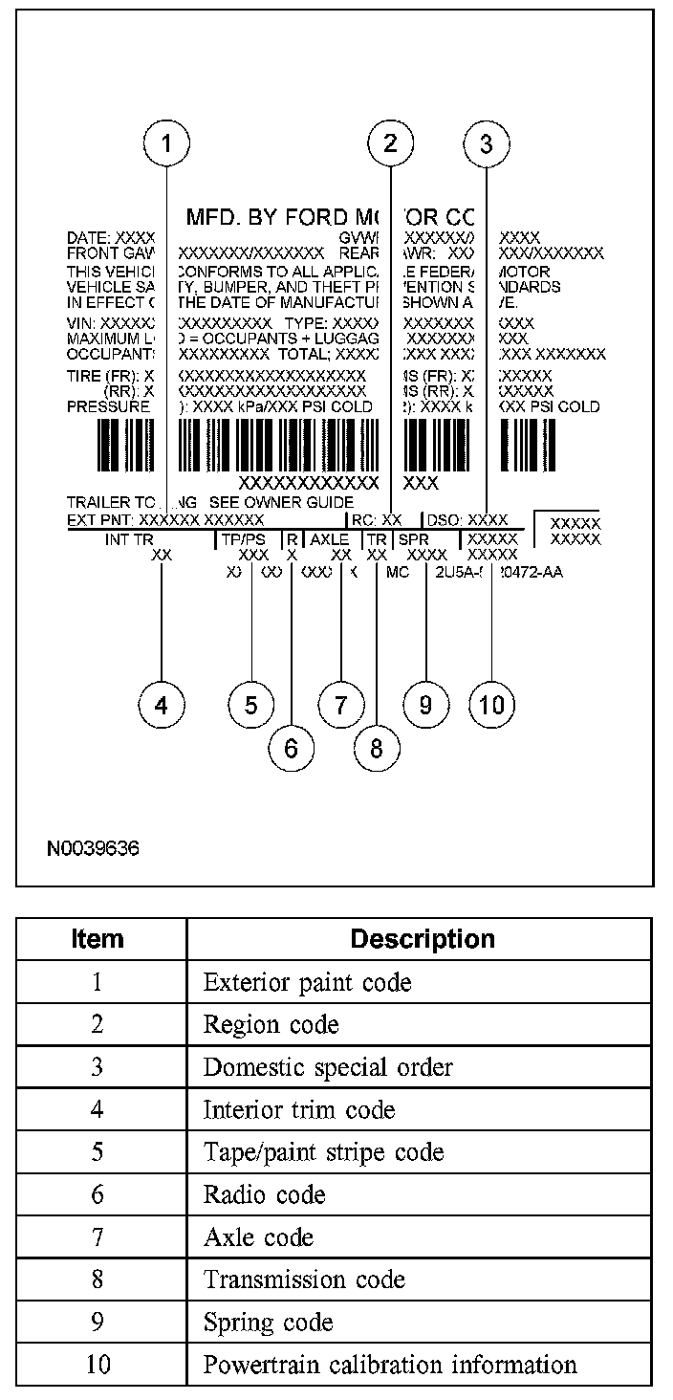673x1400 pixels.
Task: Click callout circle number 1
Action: pos(167,144)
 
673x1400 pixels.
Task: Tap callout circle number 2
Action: pos(390,144)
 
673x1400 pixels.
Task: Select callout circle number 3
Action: pos(487,144)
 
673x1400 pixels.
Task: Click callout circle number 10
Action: pos(491,706)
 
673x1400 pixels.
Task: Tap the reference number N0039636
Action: pos(94,848)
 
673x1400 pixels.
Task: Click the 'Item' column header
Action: pos(98,939)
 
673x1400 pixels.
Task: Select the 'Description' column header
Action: pos(423,939)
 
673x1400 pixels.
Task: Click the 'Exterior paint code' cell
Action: pos(307,983)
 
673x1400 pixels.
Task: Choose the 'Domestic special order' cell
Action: pos(328,1067)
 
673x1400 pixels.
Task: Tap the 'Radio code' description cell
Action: pos(264,1195)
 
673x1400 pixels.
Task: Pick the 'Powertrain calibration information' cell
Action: pos(390,1365)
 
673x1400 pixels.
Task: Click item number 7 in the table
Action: pos(98,1237)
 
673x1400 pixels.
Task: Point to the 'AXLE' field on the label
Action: pos(329,539)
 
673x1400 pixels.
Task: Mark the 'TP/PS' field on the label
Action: pos(243,539)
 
